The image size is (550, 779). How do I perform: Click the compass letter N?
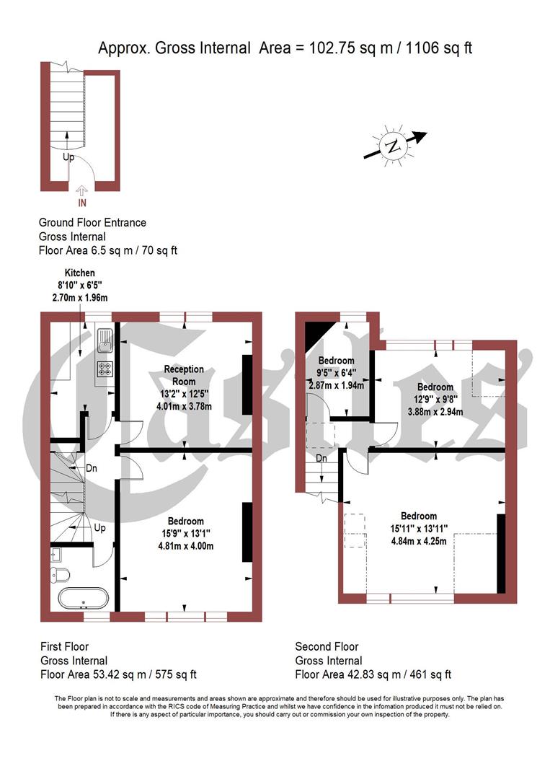(393, 146)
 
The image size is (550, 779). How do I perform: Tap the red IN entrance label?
(81, 203)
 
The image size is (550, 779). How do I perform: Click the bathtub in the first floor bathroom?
(83, 599)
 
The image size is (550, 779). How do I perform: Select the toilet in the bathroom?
(61, 574)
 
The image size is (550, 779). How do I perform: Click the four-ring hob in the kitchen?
(104, 369)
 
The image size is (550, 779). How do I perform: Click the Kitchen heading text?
(80, 273)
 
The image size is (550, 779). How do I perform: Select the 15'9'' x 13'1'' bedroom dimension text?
(186, 534)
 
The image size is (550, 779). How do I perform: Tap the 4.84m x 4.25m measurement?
(419, 541)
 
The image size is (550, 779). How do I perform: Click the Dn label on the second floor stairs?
(321, 458)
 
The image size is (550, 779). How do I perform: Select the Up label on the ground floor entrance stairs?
(68, 156)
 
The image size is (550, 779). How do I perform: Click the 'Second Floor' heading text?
(327, 647)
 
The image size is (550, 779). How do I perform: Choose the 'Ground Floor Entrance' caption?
(92, 222)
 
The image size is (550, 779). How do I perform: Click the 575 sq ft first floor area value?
(172, 674)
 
